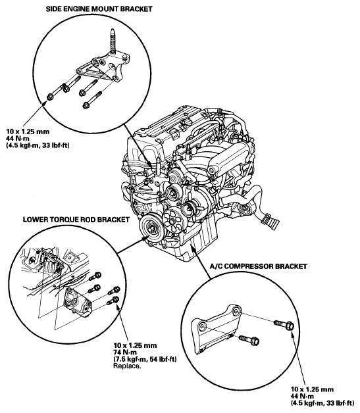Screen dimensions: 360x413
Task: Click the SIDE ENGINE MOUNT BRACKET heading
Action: [x=99, y=9]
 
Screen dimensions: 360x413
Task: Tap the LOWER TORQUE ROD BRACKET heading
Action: [x=76, y=220]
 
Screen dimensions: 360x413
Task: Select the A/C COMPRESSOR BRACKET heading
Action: [x=258, y=266]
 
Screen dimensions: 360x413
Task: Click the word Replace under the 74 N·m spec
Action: [x=127, y=366]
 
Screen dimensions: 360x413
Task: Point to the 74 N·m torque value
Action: [x=125, y=352]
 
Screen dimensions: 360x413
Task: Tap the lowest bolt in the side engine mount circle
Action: [x=92, y=100]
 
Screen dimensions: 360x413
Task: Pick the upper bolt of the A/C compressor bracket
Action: [x=284, y=324]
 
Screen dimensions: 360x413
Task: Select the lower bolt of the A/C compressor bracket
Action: [x=249, y=339]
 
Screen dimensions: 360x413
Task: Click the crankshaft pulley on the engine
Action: [x=151, y=227]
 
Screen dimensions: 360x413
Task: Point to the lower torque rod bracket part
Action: [x=78, y=303]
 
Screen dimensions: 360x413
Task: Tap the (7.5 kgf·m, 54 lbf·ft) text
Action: [x=145, y=359]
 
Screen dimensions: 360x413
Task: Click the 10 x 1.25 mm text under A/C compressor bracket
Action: [x=313, y=389]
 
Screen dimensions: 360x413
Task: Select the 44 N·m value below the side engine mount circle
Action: [x=18, y=138]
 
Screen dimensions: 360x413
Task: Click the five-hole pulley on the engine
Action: [x=172, y=220]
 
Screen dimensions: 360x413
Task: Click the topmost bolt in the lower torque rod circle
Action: [x=95, y=276]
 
